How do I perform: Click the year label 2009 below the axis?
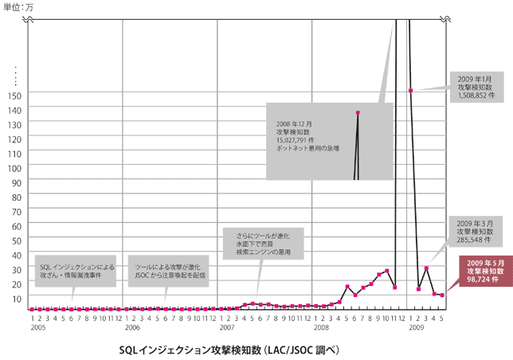point(416,327)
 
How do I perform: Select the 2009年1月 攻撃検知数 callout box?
point(476,86)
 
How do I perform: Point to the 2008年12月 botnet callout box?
point(328,140)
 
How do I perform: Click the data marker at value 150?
point(410,91)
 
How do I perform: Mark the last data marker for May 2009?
point(442,295)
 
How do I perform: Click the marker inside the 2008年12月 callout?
point(358,113)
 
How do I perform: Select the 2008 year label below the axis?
point(321,327)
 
